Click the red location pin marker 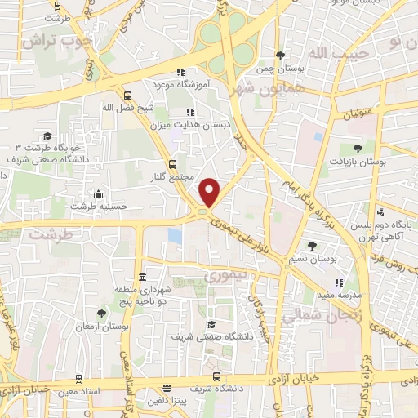[x=210, y=191]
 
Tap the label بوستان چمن [x=281, y=69]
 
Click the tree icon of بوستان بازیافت [x=358, y=148]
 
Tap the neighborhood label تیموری [x=225, y=276]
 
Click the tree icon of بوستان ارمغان [x=101, y=313]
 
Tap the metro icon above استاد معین [x=78, y=378]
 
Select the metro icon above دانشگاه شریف [x=216, y=377]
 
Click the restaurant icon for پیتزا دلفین [x=167, y=389]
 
